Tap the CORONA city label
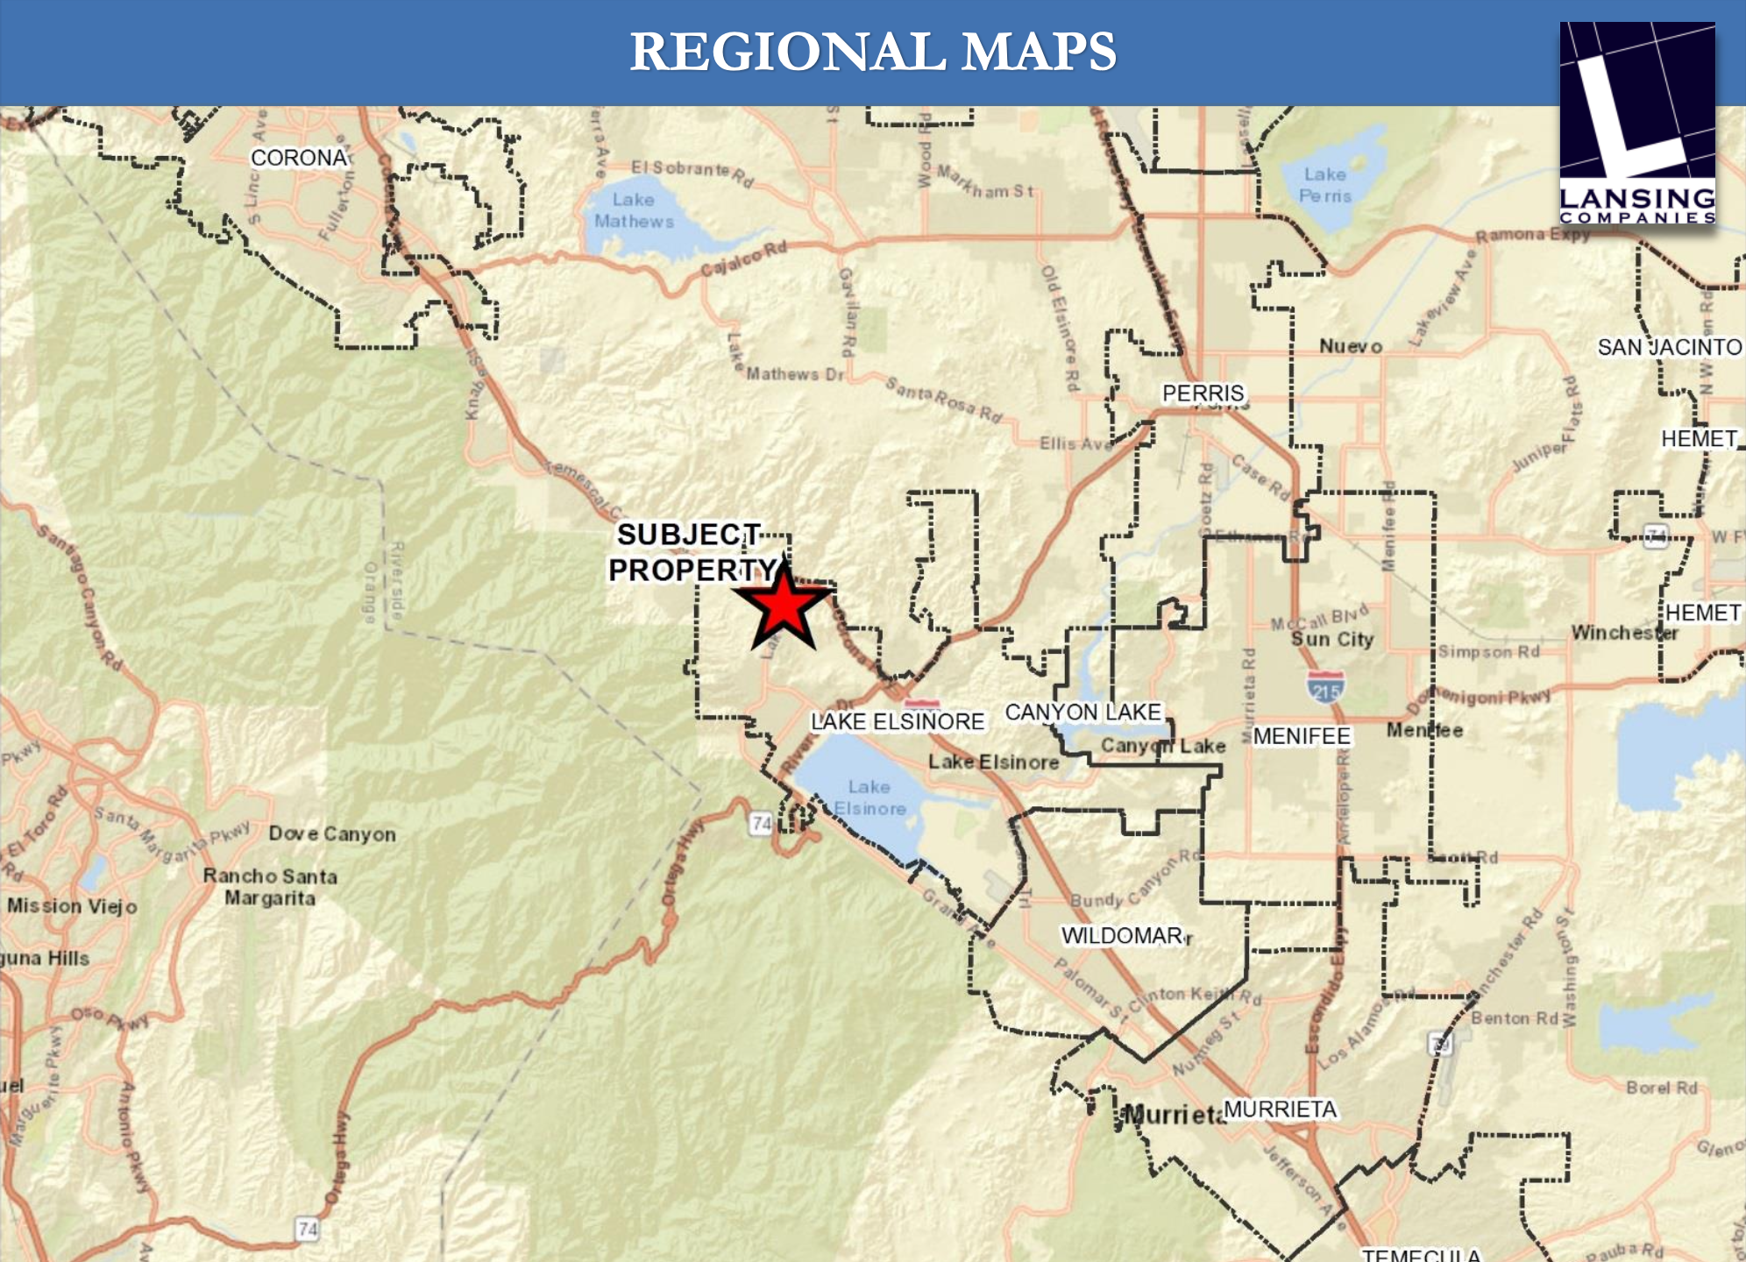(299, 158)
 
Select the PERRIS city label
(1203, 393)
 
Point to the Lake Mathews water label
(634, 210)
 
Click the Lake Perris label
(1324, 185)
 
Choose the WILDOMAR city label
(1122, 936)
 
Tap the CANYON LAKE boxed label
(1082, 713)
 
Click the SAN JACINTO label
(1669, 348)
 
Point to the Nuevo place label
(1351, 347)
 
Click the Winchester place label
(1623, 633)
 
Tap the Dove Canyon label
(332, 833)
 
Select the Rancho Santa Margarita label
(270, 887)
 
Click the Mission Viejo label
(72, 906)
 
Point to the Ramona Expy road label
(1532, 235)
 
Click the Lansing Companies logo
(1636, 123)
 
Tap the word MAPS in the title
(1039, 52)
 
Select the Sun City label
(1331, 639)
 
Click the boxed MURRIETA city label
(1280, 1110)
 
